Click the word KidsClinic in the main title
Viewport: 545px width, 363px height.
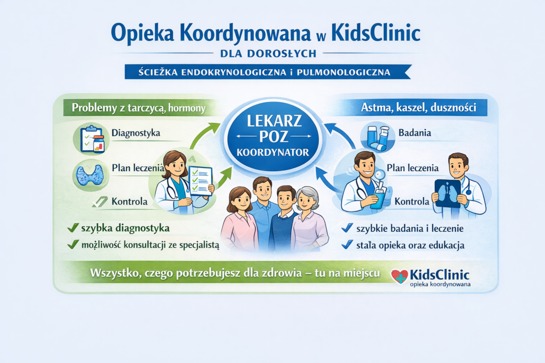click(x=376, y=33)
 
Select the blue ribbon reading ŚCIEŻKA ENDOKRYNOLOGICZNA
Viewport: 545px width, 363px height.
click(x=267, y=71)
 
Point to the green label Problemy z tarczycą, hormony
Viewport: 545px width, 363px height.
click(x=139, y=108)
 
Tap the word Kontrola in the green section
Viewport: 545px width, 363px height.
click(x=130, y=202)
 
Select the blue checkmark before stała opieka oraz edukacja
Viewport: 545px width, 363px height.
click(x=347, y=244)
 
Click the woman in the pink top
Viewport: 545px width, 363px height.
click(x=238, y=221)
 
